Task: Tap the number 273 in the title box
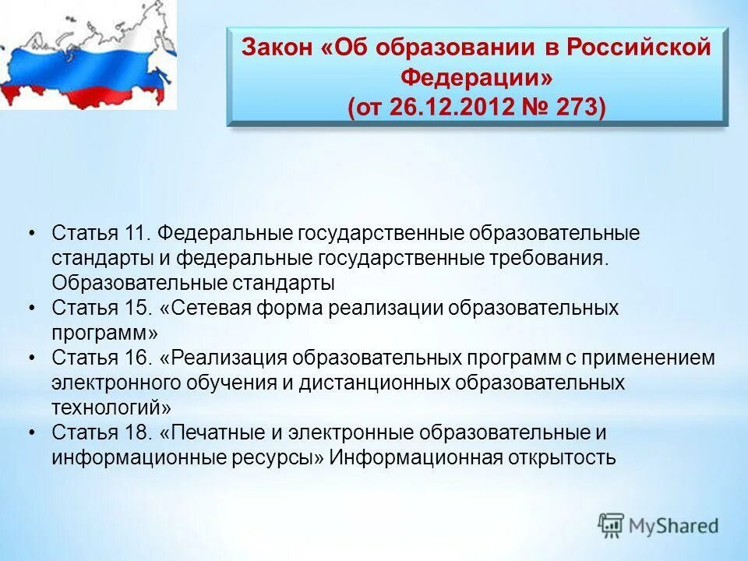pos(577,106)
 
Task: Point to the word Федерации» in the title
pos(477,76)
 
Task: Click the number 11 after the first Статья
pos(135,234)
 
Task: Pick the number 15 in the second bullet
pos(136,308)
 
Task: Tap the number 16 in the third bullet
pos(136,358)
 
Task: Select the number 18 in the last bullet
pos(136,432)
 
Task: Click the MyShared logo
pos(658,526)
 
